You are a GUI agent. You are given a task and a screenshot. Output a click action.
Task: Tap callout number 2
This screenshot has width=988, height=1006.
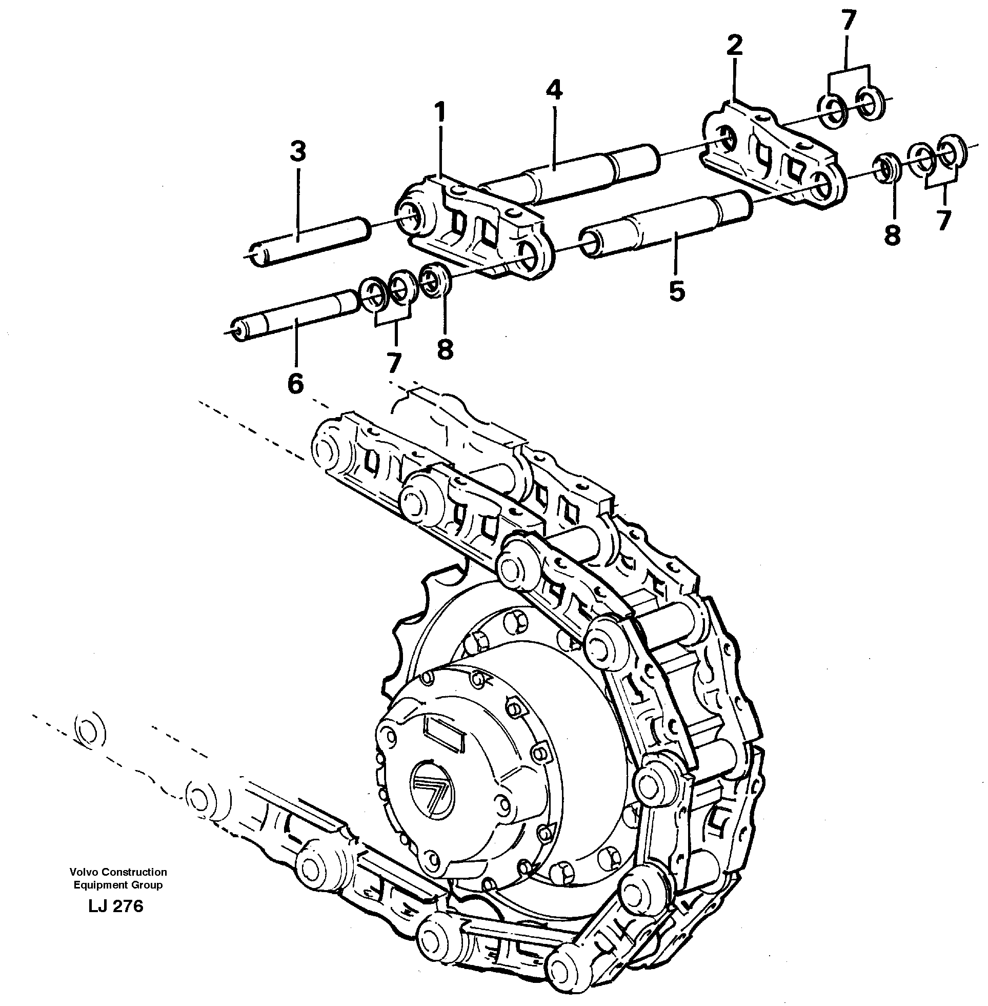pyautogui.click(x=735, y=46)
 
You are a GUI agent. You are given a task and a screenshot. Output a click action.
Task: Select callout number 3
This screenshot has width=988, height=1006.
pyautogui.click(x=298, y=152)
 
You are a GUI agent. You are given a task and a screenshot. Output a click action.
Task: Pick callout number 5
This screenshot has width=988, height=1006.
pyautogui.click(x=677, y=291)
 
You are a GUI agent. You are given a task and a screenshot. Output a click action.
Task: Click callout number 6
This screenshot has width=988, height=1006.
pyautogui.click(x=295, y=384)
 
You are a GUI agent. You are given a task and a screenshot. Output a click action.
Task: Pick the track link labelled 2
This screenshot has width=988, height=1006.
pyautogui.click(x=773, y=156)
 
